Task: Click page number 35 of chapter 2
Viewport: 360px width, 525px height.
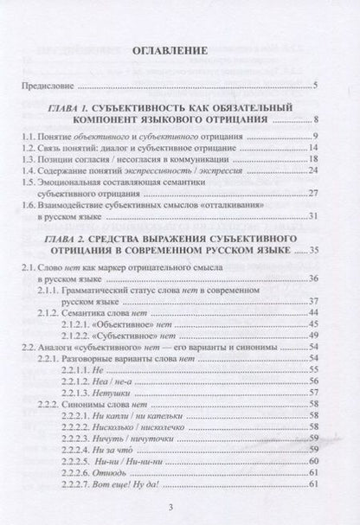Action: tap(314, 250)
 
